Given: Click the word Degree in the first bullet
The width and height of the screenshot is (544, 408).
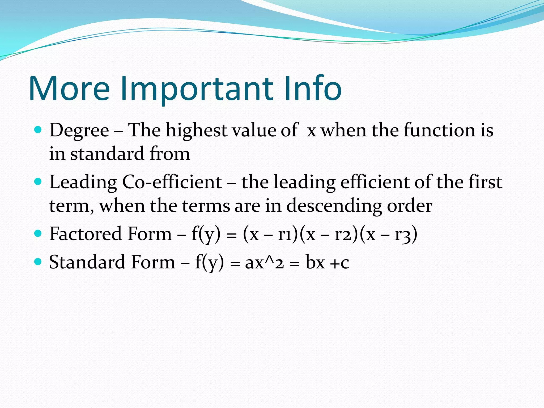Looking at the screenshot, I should [79, 131].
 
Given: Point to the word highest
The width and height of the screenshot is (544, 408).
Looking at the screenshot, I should [196, 131].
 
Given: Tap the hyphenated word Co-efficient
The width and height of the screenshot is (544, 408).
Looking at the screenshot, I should [172, 182].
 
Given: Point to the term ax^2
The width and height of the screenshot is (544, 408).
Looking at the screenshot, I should [264, 262].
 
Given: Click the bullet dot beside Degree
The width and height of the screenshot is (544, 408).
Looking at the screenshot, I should [38, 130].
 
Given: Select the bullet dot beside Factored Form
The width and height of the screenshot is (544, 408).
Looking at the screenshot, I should [38, 233].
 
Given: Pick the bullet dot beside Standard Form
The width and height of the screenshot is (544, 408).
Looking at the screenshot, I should [38, 262].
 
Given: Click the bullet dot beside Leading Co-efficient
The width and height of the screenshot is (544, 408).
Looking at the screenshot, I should [38, 182].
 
